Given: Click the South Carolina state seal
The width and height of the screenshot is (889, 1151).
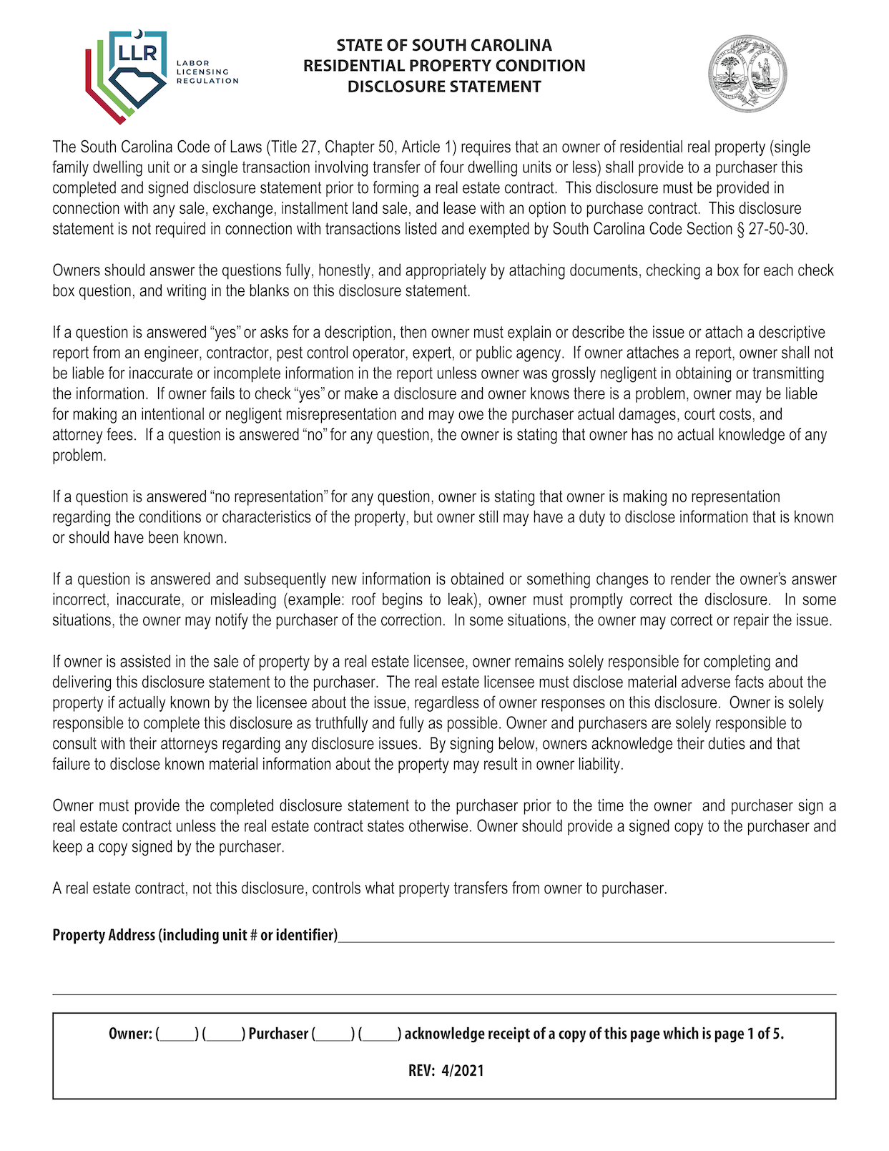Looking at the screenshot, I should [747, 74].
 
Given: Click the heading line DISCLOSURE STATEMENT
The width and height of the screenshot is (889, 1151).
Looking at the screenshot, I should [444, 87].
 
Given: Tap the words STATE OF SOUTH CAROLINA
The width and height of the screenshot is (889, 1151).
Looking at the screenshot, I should [444, 45].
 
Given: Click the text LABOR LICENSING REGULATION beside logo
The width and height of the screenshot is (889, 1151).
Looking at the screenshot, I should [207, 72].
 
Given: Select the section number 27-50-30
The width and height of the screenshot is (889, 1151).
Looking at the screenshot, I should [777, 230].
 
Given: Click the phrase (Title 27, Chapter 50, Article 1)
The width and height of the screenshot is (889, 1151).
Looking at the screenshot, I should [361, 147].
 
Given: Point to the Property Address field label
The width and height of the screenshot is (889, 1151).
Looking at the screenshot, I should [195, 935].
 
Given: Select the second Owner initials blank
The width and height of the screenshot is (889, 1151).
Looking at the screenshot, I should [224, 1034].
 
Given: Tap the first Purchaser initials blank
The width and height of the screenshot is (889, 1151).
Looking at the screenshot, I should [333, 1034].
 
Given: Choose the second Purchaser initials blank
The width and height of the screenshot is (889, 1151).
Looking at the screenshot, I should [380, 1034].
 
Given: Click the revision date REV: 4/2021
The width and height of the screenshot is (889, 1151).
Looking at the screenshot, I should [446, 1071].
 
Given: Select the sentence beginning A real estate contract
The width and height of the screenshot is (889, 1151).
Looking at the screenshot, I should [359, 888].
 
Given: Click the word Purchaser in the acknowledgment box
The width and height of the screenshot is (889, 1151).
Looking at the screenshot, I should [278, 1034].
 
